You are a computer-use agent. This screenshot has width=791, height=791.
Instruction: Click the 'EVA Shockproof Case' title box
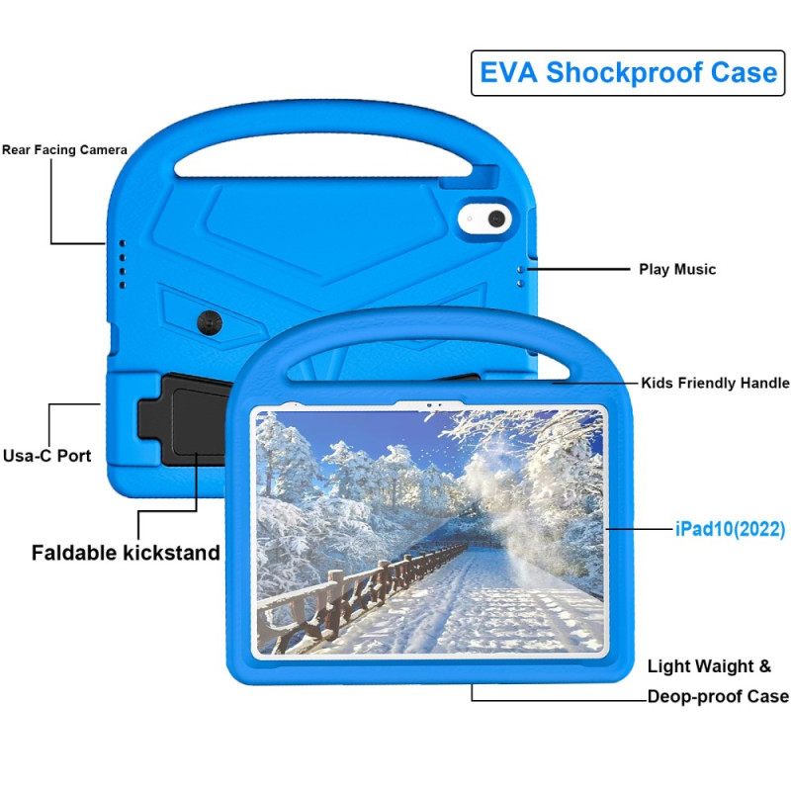click(628, 73)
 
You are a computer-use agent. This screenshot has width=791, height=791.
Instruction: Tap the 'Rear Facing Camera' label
click(64, 150)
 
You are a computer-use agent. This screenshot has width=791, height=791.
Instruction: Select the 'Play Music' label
click(676, 269)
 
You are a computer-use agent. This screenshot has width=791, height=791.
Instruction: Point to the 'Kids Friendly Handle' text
click(715, 383)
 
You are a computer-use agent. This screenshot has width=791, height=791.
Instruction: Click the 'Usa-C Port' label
click(46, 456)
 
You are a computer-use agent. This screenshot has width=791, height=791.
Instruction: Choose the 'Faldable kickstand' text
click(126, 552)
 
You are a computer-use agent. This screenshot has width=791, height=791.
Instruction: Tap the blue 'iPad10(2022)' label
click(730, 530)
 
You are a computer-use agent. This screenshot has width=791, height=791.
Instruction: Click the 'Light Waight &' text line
click(709, 666)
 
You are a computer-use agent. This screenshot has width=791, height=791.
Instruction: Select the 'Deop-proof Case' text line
click(717, 696)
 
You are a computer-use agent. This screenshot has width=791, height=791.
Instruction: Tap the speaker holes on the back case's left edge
click(122, 261)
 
